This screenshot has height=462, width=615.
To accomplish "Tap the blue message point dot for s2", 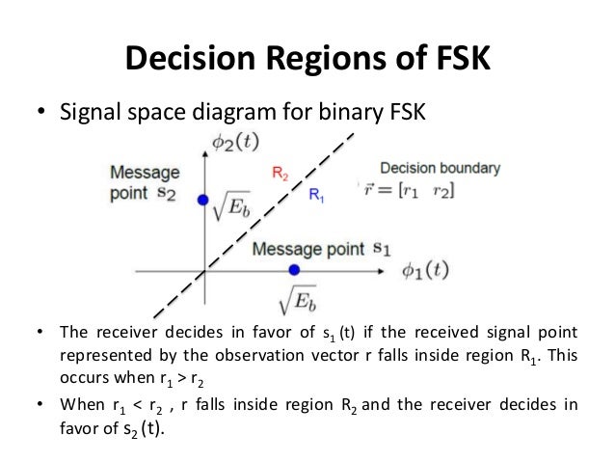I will pyautogui.click(x=202, y=200).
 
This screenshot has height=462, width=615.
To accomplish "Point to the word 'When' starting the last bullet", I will pyautogui.click(x=84, y=404).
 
